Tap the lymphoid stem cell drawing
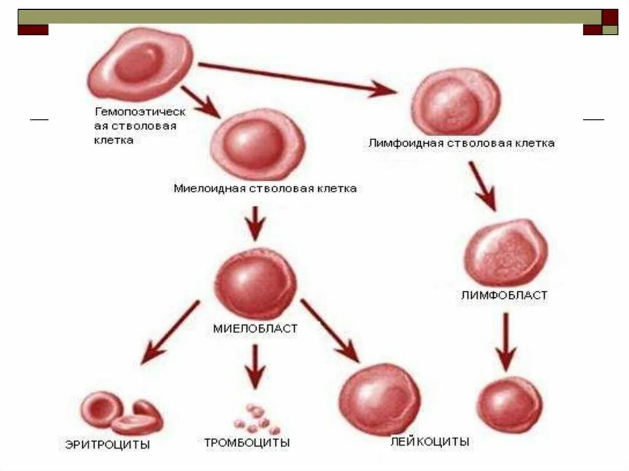(455, 102)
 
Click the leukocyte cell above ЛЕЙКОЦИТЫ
(381, 398)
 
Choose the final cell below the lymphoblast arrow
(510, 404)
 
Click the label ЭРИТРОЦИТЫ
(107, 445)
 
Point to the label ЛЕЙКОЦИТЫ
(430, 442)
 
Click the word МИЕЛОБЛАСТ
(255, 329)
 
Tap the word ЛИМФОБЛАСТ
(504, 295)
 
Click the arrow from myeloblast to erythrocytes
(171, 330)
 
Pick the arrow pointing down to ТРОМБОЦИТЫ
(255, 365)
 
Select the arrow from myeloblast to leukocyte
(330, 330)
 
